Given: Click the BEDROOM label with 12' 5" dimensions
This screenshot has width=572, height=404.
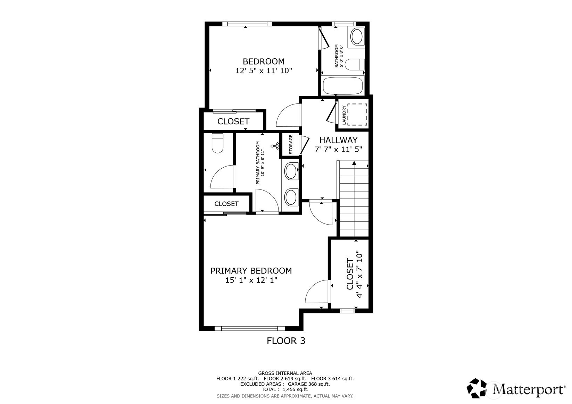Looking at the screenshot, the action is pyautogui.click(x=264, y=61).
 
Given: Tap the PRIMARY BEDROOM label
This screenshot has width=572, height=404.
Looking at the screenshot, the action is pyautogui.click(x=251, y=271).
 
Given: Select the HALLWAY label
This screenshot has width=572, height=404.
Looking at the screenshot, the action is pyautogui.click(x=338, y=140).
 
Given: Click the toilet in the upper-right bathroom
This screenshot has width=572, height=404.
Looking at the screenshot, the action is pyautogui.click(x=355, y=64).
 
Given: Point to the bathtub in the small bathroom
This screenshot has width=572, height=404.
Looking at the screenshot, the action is pyautogui.click(x=343, y=86).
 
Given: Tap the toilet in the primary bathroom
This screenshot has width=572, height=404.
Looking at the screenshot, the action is pyautogui.click(x=217, y=143).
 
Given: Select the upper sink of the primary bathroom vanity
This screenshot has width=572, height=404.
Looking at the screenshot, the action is pyautogui.click(x=291, y=171).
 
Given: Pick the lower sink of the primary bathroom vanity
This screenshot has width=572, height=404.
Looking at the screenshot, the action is pyautogui.click(x=291, y=197).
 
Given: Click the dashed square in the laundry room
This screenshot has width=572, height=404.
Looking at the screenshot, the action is pyautogui.click(x=357, y=114).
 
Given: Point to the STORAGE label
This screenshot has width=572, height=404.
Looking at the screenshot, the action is pyautogui.click(x=291, y=144).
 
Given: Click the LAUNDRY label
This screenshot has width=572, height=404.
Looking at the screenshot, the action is pyautogui.click(x=344, y=115).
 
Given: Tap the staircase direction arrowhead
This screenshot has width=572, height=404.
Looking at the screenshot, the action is pyautogui.click(x=354, y=163).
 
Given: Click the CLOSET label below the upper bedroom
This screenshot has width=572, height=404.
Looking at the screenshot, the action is pyautogui.click(x=233, y=121).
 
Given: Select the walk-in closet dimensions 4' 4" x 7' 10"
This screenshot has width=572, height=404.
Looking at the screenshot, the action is pyautogui.click(x=359, y=275).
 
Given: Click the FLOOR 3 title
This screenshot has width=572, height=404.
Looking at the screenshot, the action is pyautogui.click(x=286, y=341).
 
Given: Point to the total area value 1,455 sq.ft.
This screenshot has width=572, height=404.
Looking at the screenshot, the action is pyautogui.click(x=296, y=390).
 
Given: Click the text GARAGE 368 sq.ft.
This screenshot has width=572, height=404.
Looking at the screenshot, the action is pyautogui.click(x=309, y=384).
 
